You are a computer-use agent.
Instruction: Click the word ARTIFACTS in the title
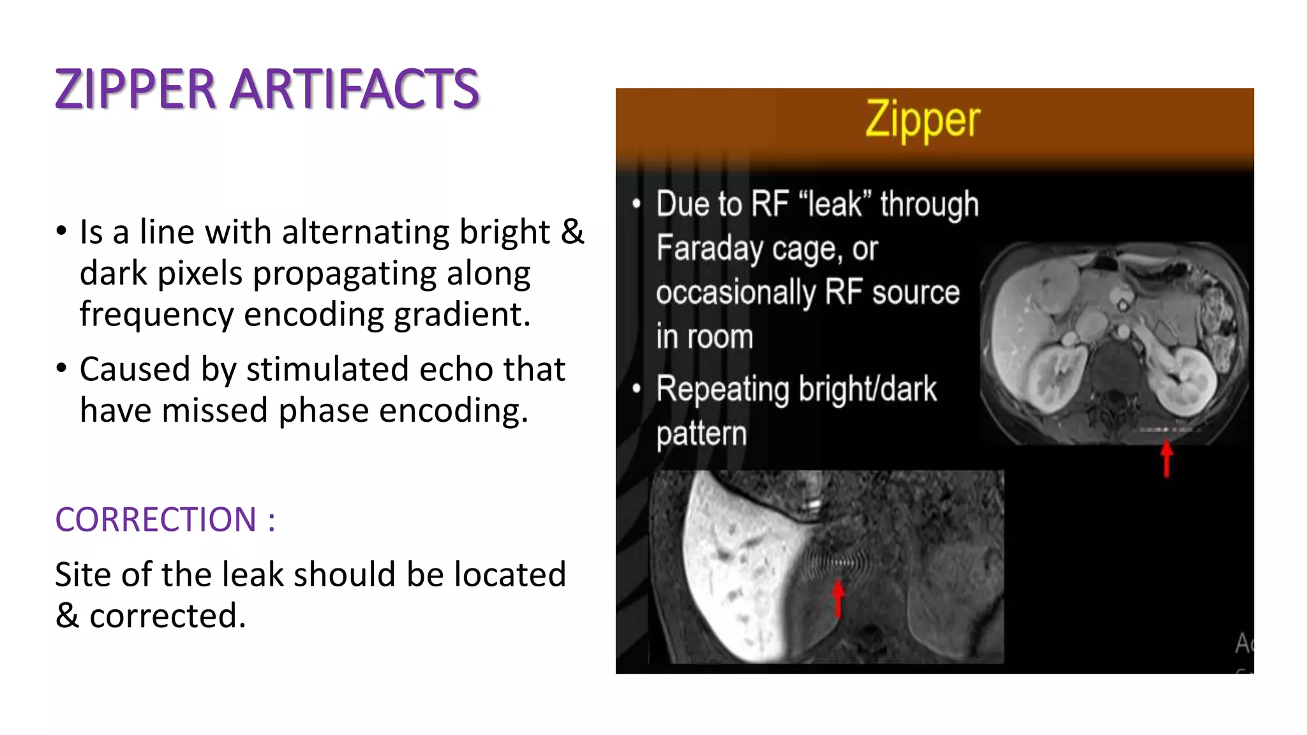pyautogui.click(x=354, y=89)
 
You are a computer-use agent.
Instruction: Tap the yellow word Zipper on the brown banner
pyautogui.click(x=922, y=120)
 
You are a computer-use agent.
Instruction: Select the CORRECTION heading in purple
pyautogui.click(x=156, y=519)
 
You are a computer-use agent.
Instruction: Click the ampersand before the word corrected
pyautogui.click(x=67, y=616)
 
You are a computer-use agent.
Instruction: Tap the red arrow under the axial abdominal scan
pyautogui.click(x=1167, y=457)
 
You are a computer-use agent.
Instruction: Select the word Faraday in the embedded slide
pyautogui.click(x=709, y=248)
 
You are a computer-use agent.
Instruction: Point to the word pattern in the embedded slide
pyautogui.click(x=701, y=434)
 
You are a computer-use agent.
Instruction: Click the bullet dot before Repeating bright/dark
pyautogui.click(x=636, y=389)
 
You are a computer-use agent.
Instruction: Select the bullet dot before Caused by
pyautogui.click(x=61, y=369)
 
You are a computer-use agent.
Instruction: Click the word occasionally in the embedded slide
pyautogui.click(x=735, y=293)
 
